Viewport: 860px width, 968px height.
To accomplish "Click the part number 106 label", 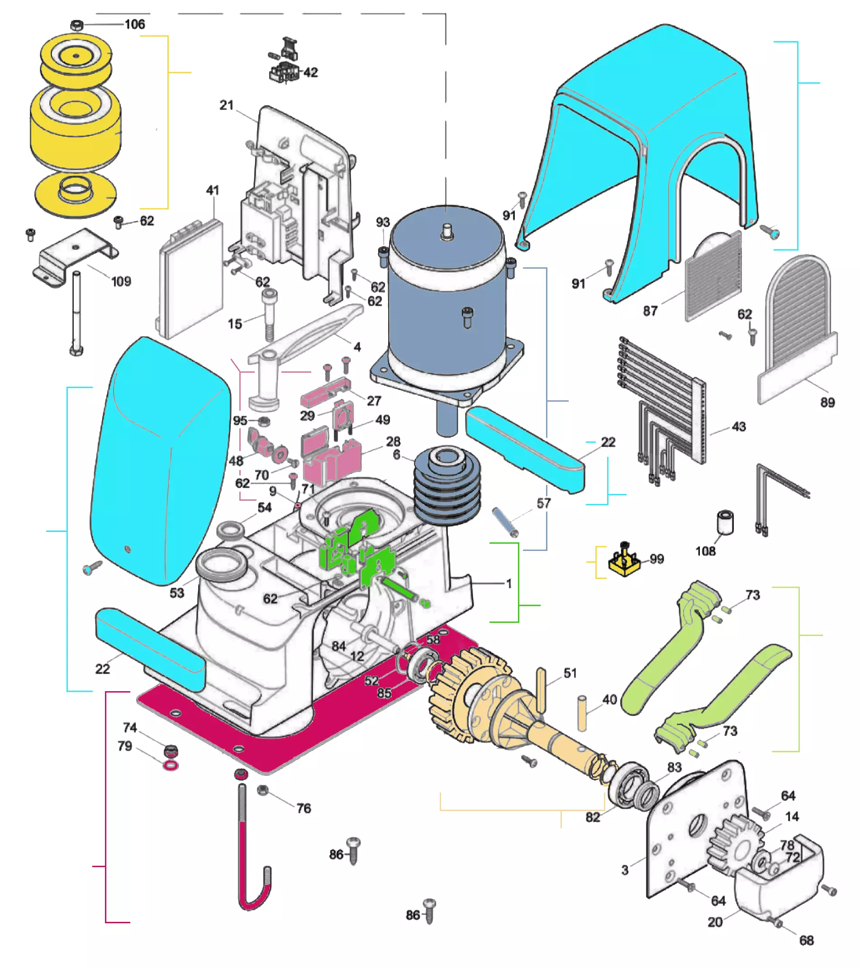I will (x=134, y=24).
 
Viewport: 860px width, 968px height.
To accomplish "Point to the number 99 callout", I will (x=656, y=559).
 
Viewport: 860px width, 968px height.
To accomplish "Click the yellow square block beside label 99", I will (x=624, y=563).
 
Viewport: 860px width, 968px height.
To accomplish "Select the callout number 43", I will (x=739, y=426).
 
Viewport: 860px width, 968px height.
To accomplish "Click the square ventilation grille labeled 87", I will (x=713, y=276).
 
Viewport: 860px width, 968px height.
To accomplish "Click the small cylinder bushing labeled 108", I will (x=725, y=522).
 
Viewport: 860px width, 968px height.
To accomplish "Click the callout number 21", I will (x=226, y=104).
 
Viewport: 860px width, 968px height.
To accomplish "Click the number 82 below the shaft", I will (x=593, y=817).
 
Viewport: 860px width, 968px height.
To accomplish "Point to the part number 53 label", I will (x=176, y=593).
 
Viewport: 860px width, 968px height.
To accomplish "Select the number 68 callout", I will (x=806, y=940).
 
